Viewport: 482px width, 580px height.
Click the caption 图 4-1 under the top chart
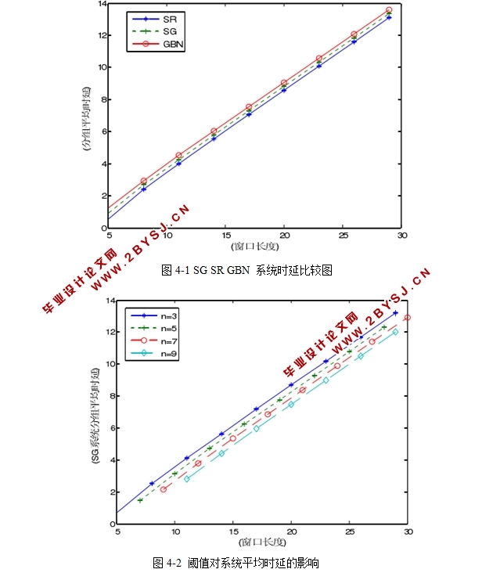point(246,270)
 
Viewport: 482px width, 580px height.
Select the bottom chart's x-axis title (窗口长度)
point(262,542)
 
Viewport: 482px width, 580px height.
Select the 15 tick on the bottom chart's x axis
point(232,532)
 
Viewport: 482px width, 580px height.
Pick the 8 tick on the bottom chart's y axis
point(110,396)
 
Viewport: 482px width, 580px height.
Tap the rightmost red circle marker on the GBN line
point(389,10)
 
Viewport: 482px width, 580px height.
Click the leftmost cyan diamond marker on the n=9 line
point(186,478)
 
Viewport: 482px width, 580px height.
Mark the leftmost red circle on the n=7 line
point(164,489)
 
